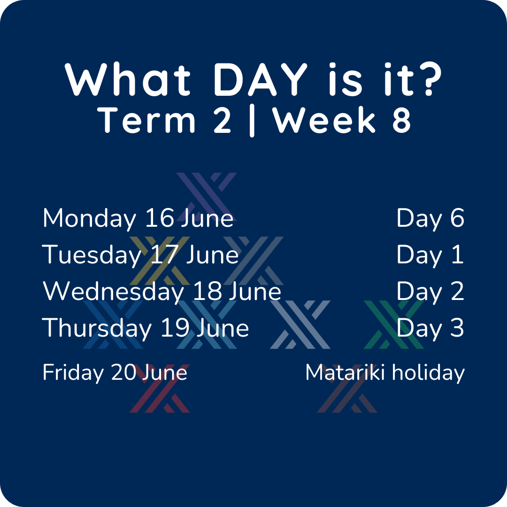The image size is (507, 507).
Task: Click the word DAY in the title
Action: (x=261, y=80)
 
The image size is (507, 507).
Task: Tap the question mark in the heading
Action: (x=429, y=79)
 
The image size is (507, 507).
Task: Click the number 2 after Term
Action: (x=222, y=120)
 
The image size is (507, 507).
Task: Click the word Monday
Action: (x=89, y=219)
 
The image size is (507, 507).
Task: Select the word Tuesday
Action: (x=92, y=255)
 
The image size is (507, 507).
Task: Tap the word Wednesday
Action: (x=114, y=292)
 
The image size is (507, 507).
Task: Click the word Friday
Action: (x=73, y=373)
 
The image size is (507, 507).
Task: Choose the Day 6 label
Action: (x=430, y=219)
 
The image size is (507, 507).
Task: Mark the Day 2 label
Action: (x=430, y=292)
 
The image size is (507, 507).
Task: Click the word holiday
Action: (x=429, y=373)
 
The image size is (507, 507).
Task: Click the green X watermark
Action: (x=393, y=325)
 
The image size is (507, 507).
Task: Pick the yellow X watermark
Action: (x=160, y=261)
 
